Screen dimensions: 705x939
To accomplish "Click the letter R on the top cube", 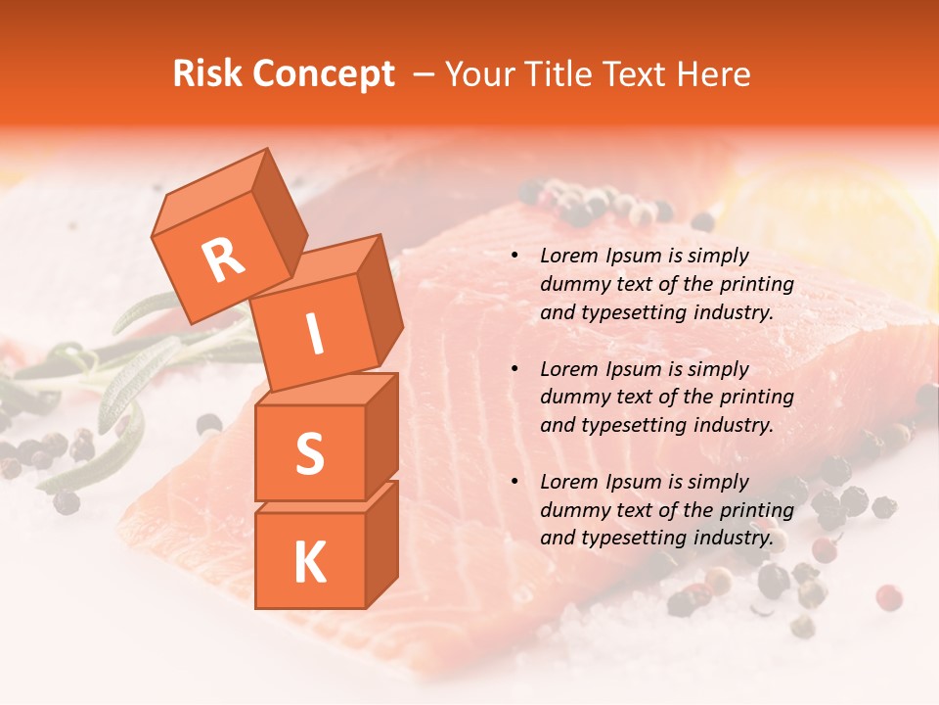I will coord(223,259).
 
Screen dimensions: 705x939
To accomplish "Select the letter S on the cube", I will coord(309,454).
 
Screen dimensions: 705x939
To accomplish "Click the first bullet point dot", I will coord(514,257).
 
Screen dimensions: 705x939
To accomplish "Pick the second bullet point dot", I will coord(514,369).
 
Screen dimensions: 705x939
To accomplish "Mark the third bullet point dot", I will coord(514,482).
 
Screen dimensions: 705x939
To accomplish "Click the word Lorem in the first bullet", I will coord(568,256).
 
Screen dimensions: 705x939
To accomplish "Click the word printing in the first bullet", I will coord(759,284).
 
